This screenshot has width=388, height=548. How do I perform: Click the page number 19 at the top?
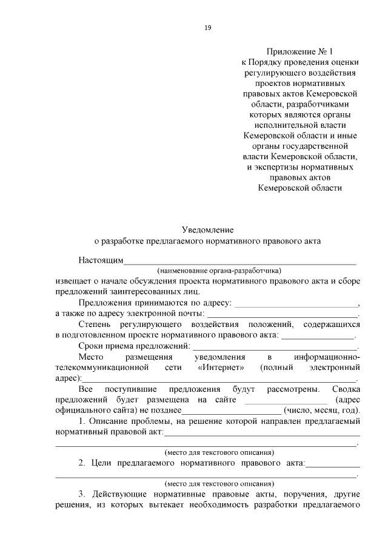[x=208, y=27]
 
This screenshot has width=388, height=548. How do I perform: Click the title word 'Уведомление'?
[x=208, y=229]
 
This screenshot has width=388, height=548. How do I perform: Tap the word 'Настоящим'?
[x=101, y=261]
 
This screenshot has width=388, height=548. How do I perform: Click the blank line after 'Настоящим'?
[x=240, y=262]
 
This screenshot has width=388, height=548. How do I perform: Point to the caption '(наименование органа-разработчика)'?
[x=219, y=271]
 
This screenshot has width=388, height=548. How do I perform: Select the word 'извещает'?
[x=72, y=282]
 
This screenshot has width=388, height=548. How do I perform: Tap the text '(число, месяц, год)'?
[x=327, y=411]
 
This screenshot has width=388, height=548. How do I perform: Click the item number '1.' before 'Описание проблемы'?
[x=82, y=421]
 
